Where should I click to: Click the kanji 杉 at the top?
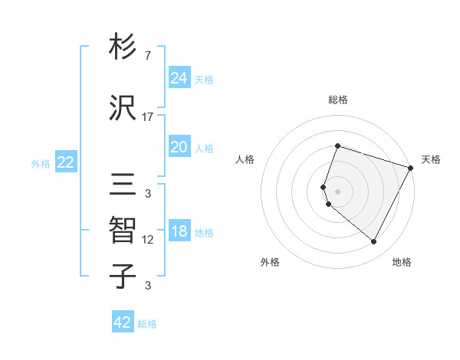123,47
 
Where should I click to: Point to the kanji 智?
123,230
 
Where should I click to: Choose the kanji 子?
123,277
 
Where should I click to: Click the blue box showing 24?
179,77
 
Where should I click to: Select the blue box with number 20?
179,147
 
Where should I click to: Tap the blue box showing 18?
179,232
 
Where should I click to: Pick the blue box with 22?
65,162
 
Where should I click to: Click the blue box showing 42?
123,322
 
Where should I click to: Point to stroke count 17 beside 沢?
148,117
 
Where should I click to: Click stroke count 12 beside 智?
148,240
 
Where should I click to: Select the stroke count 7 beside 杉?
148,56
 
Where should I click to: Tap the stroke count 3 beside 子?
148,286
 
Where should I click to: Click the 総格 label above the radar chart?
337,100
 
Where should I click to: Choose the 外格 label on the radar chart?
270,262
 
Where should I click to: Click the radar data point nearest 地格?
374,242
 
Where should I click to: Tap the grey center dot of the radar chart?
337,190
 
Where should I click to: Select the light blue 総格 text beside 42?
147,324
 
